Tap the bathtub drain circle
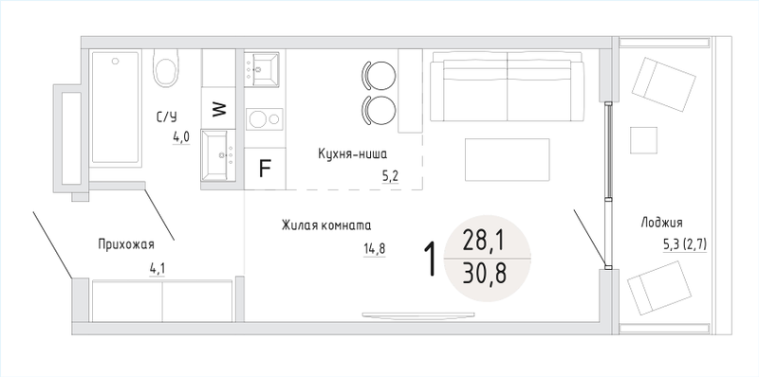tap(115, 62)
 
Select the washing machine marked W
tap(219, 109)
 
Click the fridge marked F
tap(265, 169)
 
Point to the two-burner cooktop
tap(265, 119)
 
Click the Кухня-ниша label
tap(353, 154)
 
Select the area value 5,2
tap(390, 177)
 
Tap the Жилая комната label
tap(326, 225)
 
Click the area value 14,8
tap(374, 249)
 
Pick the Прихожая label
tap(126, 244)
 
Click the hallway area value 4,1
tap(157, 268)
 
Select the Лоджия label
tap(661, 223)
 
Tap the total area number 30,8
tap(484, 274)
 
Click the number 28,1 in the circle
tap(483, 241)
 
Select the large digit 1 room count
tap(431, 259)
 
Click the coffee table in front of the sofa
tap(508, 159)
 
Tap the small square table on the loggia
tap(643, 140)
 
